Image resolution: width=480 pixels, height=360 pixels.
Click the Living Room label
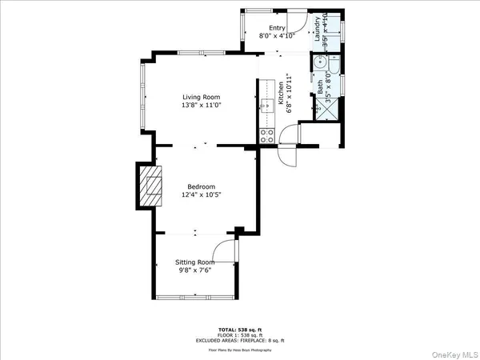(x=200, y=97)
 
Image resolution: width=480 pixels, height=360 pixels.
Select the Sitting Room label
(x=195, y=262)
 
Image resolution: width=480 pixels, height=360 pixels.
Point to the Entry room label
(x=277, y=28)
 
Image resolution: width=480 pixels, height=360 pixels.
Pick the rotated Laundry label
(x=318, y=29)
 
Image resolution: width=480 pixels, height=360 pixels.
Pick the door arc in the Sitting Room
(x=229, y=249)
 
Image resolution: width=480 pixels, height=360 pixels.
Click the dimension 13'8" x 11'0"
(x=200, y=105)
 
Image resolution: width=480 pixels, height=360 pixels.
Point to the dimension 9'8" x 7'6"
(x=195, y=270)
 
